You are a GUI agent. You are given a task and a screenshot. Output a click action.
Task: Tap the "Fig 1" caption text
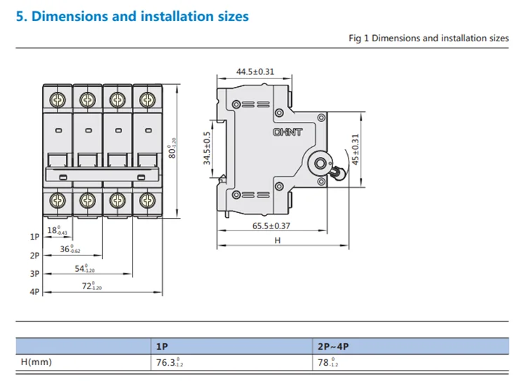(x=429, y=38)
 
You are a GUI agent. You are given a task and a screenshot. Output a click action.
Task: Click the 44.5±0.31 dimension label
(x=255, y=71)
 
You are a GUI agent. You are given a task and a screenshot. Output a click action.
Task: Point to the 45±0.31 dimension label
(x=356, y=149)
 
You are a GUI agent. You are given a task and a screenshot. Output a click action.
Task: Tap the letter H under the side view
(x=277, y=240)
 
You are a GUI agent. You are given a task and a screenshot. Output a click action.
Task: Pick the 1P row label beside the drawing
(x=35, y=237)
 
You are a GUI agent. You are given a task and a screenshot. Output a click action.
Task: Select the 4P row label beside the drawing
(x=35, y=292)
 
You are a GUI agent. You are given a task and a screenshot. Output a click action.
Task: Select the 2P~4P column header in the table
(x=334, y=346)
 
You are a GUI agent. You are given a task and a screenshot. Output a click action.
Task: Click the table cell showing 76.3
(x=168, y=363)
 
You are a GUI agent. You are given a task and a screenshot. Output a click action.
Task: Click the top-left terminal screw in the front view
(x=58, y=99)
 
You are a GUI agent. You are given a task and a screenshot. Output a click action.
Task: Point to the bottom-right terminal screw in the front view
(x=147, y=200)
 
